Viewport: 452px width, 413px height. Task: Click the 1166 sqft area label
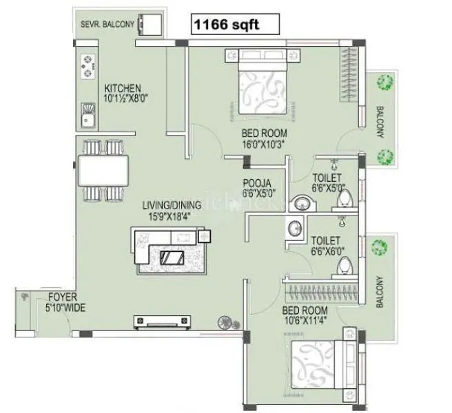pos(235,25)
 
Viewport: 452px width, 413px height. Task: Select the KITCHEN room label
pos(123,89)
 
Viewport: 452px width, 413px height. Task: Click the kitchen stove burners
pos(88,66)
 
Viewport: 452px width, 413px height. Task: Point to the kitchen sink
pos(88,114)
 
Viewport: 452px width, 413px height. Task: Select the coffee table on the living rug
pos(171,258)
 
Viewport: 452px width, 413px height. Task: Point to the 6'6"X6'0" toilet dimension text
pos(328,252)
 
